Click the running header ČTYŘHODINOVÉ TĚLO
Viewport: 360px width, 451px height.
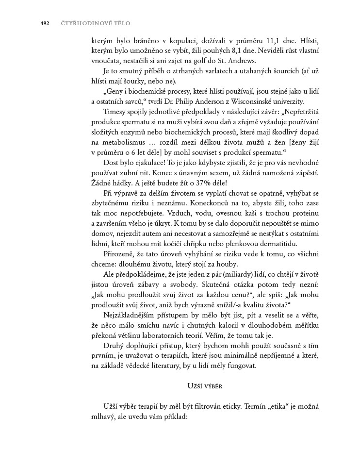pos(96,23)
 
